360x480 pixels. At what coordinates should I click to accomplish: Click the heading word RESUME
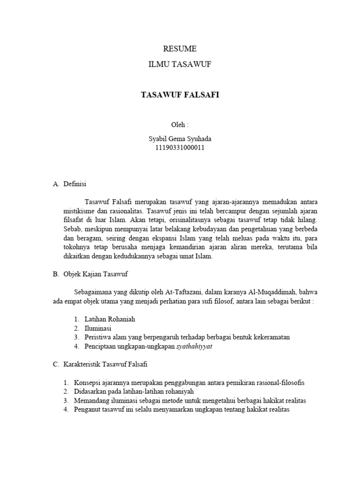(x=180, y=49)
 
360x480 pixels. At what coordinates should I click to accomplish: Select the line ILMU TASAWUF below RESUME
(x=180, y=65)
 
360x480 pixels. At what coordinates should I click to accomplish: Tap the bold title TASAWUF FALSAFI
(x=180, y=95)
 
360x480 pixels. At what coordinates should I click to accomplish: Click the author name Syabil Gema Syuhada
(x=180, y=139)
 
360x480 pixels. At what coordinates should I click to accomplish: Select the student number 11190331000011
(x=180, y=148)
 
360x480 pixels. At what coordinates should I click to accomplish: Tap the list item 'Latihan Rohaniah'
(x=110, y=319)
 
